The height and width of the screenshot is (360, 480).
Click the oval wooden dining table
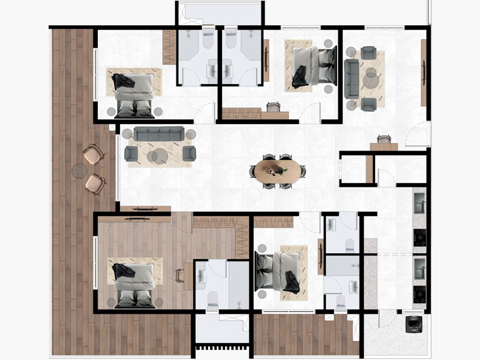click(x=277, y=170)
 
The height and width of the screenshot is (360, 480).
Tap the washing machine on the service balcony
click(x=414, y=324)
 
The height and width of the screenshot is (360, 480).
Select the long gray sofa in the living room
click(x=159, y=133)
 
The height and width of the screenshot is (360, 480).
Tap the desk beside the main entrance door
click(x=383, y=146)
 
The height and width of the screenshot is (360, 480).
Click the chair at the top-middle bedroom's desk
click(x=274, y=107)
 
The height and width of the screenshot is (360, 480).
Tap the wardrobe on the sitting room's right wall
click(x=424, y=72)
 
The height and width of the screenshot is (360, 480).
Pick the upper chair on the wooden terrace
click(x=93, y=154)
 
